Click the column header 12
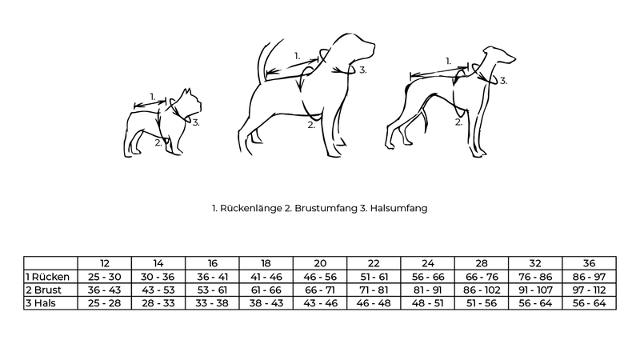(x=105, y=263)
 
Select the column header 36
(x=589, y=263)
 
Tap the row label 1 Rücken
(x=47, y=277)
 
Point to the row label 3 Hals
(x=41, y=303)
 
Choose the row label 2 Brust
(x=43, y=290)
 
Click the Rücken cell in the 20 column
(x=320, y=277)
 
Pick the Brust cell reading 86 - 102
(x=482, y=290)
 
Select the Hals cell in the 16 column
(x=212, y=303)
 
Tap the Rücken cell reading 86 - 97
(x=589, y=277)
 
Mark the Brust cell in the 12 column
(x=105, y=290)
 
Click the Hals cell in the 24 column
(x=427, y=303)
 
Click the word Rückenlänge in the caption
(x=251, y=208)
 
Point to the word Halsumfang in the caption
(x=398, y=208)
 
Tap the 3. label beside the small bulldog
(x=196, y=122)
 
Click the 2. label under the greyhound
(x=458, y=122)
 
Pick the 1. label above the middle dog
(x=297, y=56)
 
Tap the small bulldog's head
(x=189, y=104)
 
